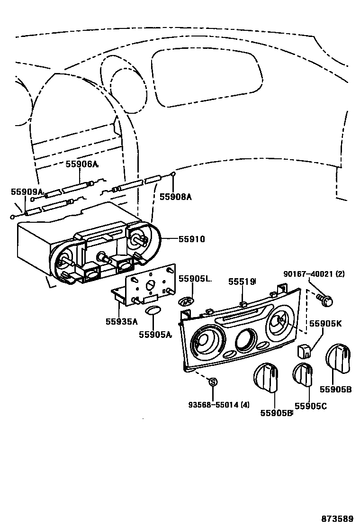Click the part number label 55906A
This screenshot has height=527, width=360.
81,164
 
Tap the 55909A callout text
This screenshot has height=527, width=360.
27,192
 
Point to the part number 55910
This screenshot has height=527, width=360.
191,239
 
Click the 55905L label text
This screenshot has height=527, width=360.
194,279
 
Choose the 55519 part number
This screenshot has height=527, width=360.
242,282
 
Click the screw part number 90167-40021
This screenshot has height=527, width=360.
314,274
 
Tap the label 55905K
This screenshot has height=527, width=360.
325,324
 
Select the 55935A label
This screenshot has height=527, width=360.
121,322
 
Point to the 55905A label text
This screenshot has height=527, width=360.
155,335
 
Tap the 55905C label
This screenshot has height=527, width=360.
310,406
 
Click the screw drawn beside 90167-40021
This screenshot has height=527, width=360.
325,299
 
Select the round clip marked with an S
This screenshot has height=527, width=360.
213,382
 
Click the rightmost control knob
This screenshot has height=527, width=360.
338,358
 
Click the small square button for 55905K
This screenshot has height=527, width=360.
304,351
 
